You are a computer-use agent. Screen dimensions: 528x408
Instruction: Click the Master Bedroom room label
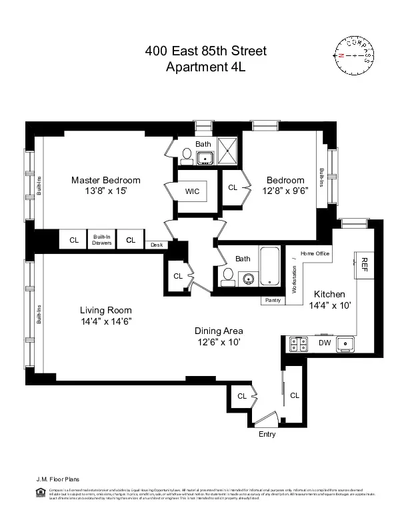point(106,180)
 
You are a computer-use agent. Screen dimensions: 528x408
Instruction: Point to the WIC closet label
point(193,191)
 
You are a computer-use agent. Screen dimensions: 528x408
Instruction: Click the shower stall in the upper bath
point(228,151)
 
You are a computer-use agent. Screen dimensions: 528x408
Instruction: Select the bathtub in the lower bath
point(270,267)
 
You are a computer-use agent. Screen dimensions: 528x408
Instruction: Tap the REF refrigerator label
point(365,263)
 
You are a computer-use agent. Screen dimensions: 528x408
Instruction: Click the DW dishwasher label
point(324,343)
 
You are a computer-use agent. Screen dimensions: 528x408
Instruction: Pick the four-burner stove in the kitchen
point(298,344)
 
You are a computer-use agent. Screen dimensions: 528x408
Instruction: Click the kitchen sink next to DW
point(345,344)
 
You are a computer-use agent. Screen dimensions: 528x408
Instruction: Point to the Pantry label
point(273,301)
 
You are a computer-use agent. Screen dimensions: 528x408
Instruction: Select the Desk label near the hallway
point(157,245)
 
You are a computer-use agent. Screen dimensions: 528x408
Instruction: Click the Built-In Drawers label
point(102,240)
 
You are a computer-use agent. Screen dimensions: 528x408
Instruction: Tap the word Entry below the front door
point(267,434)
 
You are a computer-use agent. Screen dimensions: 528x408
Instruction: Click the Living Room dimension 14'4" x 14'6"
point(106,321)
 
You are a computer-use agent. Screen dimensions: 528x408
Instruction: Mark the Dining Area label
point(218,331)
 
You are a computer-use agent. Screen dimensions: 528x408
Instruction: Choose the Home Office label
point(315,253)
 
